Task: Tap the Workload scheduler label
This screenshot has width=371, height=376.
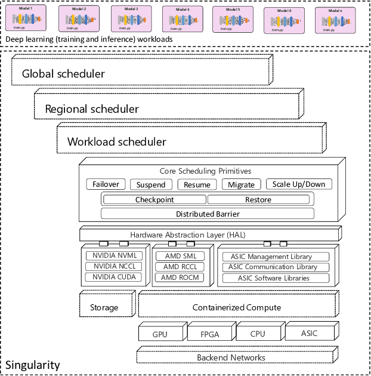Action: tap(117, 142)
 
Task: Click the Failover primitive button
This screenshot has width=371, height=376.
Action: tap(105, 184)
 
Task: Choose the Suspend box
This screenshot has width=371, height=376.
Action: tap(151, 184)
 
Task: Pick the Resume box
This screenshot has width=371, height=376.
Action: tap(196, 184)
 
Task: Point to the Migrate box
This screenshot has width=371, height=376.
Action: tap(242, 184)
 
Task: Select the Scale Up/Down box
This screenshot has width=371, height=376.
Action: tap(298, 184)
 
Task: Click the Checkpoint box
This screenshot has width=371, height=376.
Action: tap(154, 200)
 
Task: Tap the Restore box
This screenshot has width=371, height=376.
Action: tap(258, 200)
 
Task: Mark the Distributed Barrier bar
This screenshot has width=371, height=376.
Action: tap(207, 214)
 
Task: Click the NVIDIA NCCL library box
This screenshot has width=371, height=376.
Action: tap(113, 267)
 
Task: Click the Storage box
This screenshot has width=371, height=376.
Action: tap(104, 307)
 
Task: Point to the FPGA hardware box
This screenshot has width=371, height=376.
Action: tap(210, 334)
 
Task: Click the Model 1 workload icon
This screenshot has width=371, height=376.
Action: tap(24, 19)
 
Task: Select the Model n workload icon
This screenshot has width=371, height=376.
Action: tap(331, 20)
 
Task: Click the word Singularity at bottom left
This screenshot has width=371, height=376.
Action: tap(32, 365)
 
